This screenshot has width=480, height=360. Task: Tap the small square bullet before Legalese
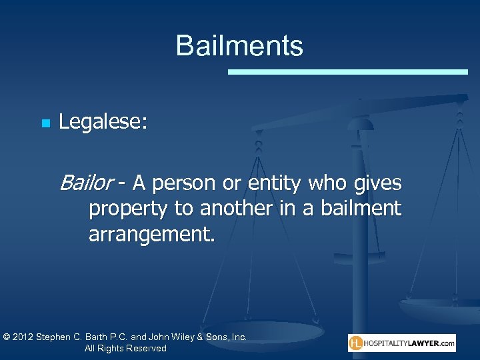[45, 123]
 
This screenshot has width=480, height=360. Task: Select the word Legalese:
[104, 122]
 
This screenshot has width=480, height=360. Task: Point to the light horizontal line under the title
[348, 71]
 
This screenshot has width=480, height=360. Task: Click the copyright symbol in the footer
[7, 337]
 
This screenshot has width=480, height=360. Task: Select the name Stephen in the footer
[59, 337]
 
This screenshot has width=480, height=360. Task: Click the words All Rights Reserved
[125, 349]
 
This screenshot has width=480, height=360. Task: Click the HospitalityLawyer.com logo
[401, 343]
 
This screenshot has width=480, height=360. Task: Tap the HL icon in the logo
[357, 343]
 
